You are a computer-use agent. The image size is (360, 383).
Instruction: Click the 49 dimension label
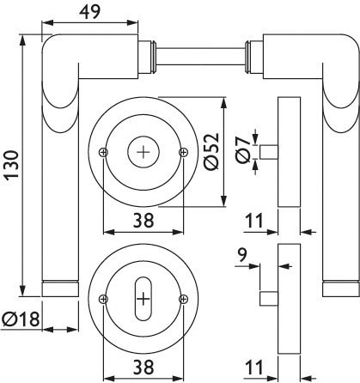pyautogui.click(x=90, y=12)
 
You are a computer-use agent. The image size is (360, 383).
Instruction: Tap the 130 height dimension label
pyautogui.click(x=12, y=164)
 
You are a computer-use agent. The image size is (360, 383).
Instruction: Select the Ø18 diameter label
pyautogui.click(x=21, y=319)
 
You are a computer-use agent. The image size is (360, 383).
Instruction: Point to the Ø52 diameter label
pyautogui.click(x=211, y=152)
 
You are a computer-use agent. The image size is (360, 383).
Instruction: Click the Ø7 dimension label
pyautogui.click(x=243, y=149)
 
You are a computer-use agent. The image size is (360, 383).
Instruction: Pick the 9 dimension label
pyautogui.click(x=242, y=255)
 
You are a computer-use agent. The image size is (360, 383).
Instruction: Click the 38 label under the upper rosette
pyautogui.click(x=143, y=221)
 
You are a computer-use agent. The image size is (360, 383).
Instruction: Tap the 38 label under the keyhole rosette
pyautogui.click(x=143, y=368)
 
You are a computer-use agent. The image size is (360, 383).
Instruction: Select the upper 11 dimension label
pyautogui.click(x=254, y=221)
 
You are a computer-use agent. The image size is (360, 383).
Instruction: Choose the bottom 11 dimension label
pyautogui.click(x=254, y=368)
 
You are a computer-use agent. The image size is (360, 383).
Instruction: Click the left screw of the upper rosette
pyautogui.click(x=103, y=152)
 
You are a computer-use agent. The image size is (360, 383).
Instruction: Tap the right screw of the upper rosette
pyautogui.click(x=183, y=152)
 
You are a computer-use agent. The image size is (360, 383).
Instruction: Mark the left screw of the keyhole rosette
pyautogui.click(x=103, y=300)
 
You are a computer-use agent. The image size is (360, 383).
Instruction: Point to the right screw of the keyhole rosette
pyautogui.click(x=183, y=300)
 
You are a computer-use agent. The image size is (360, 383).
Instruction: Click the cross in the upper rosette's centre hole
pyautogui.click(x=143, y=152)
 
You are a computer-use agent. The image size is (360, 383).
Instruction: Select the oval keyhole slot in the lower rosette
pyautogui.click(x=143, y=299)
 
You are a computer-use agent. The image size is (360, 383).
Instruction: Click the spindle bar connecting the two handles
pyautogui.click(x=200, y=57)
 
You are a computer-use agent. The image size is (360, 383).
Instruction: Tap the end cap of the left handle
pyautogui.click(x=60, y=289)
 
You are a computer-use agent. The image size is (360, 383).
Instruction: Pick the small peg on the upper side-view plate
pyautogui.click(x=269, y=152)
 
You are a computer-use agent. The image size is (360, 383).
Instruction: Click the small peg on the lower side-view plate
pyautogui.click(x=269, y=299)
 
